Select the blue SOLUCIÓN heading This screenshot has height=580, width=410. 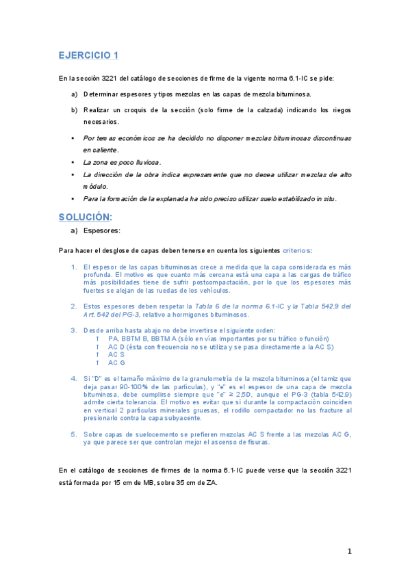tap(85, 217)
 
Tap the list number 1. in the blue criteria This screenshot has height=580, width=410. tap(74, 267)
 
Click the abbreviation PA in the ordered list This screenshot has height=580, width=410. tap(113, 339)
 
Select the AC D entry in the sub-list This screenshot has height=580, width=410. tap(117, 347)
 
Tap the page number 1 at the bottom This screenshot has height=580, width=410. tap(349, 551)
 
